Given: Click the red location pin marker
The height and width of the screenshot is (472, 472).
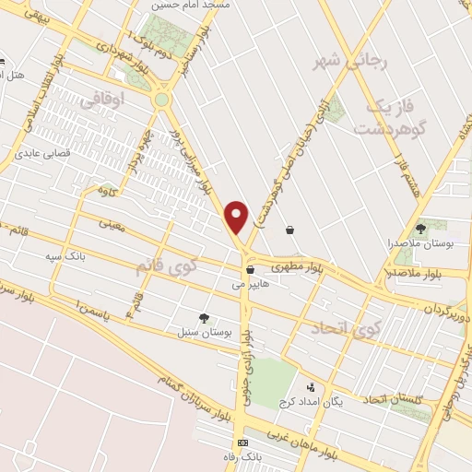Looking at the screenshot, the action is pos(237,216).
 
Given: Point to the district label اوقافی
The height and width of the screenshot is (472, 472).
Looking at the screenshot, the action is pos(101,104).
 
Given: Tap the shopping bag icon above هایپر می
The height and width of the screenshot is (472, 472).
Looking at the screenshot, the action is pos(251,270).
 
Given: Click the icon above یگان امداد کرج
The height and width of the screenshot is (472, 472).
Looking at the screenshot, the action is pos(311,388).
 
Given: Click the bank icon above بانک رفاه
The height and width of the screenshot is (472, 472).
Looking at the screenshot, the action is pos(242,443).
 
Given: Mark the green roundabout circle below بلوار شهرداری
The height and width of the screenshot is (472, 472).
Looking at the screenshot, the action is pos(163,99).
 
